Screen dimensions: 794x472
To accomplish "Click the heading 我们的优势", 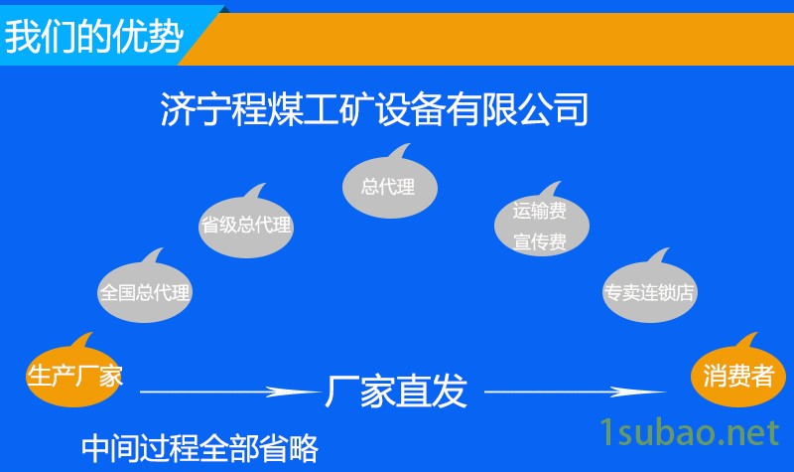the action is point(93,37).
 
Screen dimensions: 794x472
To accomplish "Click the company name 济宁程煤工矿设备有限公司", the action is point(374,108).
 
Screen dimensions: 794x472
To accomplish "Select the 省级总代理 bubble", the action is point(246,226).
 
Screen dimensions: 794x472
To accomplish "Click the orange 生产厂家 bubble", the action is point(73,377).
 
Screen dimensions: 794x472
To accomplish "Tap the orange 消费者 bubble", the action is point(738,377).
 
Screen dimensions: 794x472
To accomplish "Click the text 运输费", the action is point(539,211).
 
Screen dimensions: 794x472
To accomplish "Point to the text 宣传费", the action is point(539,241).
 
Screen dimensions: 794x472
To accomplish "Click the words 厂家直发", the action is point(395,392).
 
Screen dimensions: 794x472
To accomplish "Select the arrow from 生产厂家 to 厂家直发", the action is point(230,392).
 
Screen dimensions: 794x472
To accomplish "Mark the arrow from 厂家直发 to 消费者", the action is point(576,392).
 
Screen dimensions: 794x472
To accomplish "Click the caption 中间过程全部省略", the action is point(200,448).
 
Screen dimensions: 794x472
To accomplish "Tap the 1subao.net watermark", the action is point(689,432).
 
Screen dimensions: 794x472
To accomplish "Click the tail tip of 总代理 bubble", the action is point(409,144).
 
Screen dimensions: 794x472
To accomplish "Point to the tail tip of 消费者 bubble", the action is point(757,333).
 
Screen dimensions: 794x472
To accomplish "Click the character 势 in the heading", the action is point(166,37).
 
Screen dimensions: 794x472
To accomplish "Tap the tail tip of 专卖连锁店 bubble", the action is point(669,248).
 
